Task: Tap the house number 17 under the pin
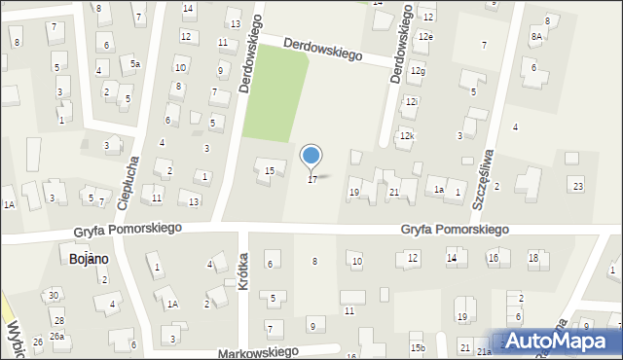[x=312, y=180]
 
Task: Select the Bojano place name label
[x=89, y=259]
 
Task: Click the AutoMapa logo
[x=561, y=341]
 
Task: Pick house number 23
[x=578, y=186]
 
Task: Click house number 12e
[x=425, y=36]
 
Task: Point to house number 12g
[x=418, y=71]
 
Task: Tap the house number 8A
[x=536, y=36]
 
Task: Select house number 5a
[x=136, y=63]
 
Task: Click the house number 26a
[x=57, y=337]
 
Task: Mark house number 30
[x=55, y=295]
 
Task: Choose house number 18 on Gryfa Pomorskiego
[x=532, y=258]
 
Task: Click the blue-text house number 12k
[x=407, y=136]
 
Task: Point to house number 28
[x=59, y=320]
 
